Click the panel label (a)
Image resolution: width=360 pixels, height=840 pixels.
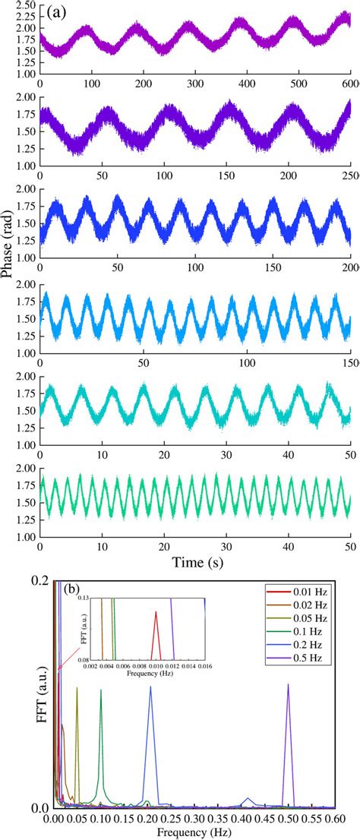pos(55,13)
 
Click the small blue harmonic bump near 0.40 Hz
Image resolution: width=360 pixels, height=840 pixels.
pos(248,799)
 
